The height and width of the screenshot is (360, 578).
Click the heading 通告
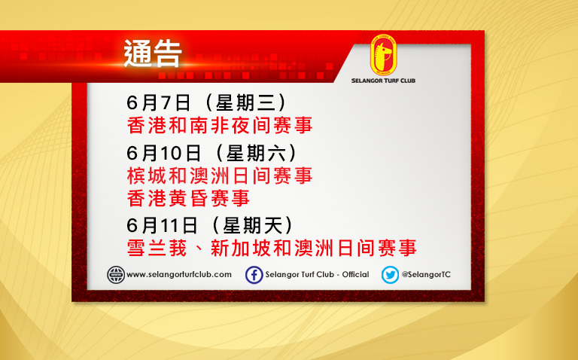pyautogui.click(x=153, y=54)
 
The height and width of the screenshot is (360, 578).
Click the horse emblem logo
pyautogui.click(x=383, y=55)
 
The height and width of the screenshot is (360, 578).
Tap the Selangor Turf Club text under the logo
pyautogui.click(x=383, y=81)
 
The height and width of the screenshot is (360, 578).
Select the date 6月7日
pyautogui.click(x=159, y=102)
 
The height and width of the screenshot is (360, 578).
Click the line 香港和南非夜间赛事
pyautogui.click(x=220, y=125)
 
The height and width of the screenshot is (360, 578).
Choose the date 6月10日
pyautogui.click(x=163, y=153)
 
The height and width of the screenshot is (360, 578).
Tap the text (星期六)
pyautogui.click(x=256, y=153)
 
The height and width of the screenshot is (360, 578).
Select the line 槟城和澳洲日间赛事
pyautogui.click(x=220, y=175)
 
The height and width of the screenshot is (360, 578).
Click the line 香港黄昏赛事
pyautogui.click(x=188, y=198)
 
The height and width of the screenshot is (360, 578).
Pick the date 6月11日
pyautogui.click(x=162, y=225)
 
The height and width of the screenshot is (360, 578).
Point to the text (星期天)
pyautogui.click(x=253, y=225)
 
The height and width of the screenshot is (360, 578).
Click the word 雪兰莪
pyautogui.click(x=157, y=248)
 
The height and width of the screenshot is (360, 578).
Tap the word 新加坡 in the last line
pyautogui.click(x=241, y=248)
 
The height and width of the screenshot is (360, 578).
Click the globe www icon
pyautogui.click(x=116, y=275)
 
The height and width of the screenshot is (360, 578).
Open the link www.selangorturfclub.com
pyautogui.click(x=179, y=275)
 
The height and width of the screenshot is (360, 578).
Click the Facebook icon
pyautogui.click(x=254, y=275)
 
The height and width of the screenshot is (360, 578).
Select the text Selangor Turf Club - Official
pyautogui.click(x=317, y=275)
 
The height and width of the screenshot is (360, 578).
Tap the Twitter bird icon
pyautogui.click(x=390, y=275)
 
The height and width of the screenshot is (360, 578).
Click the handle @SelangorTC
pyautogui.click(x=426, y=275)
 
